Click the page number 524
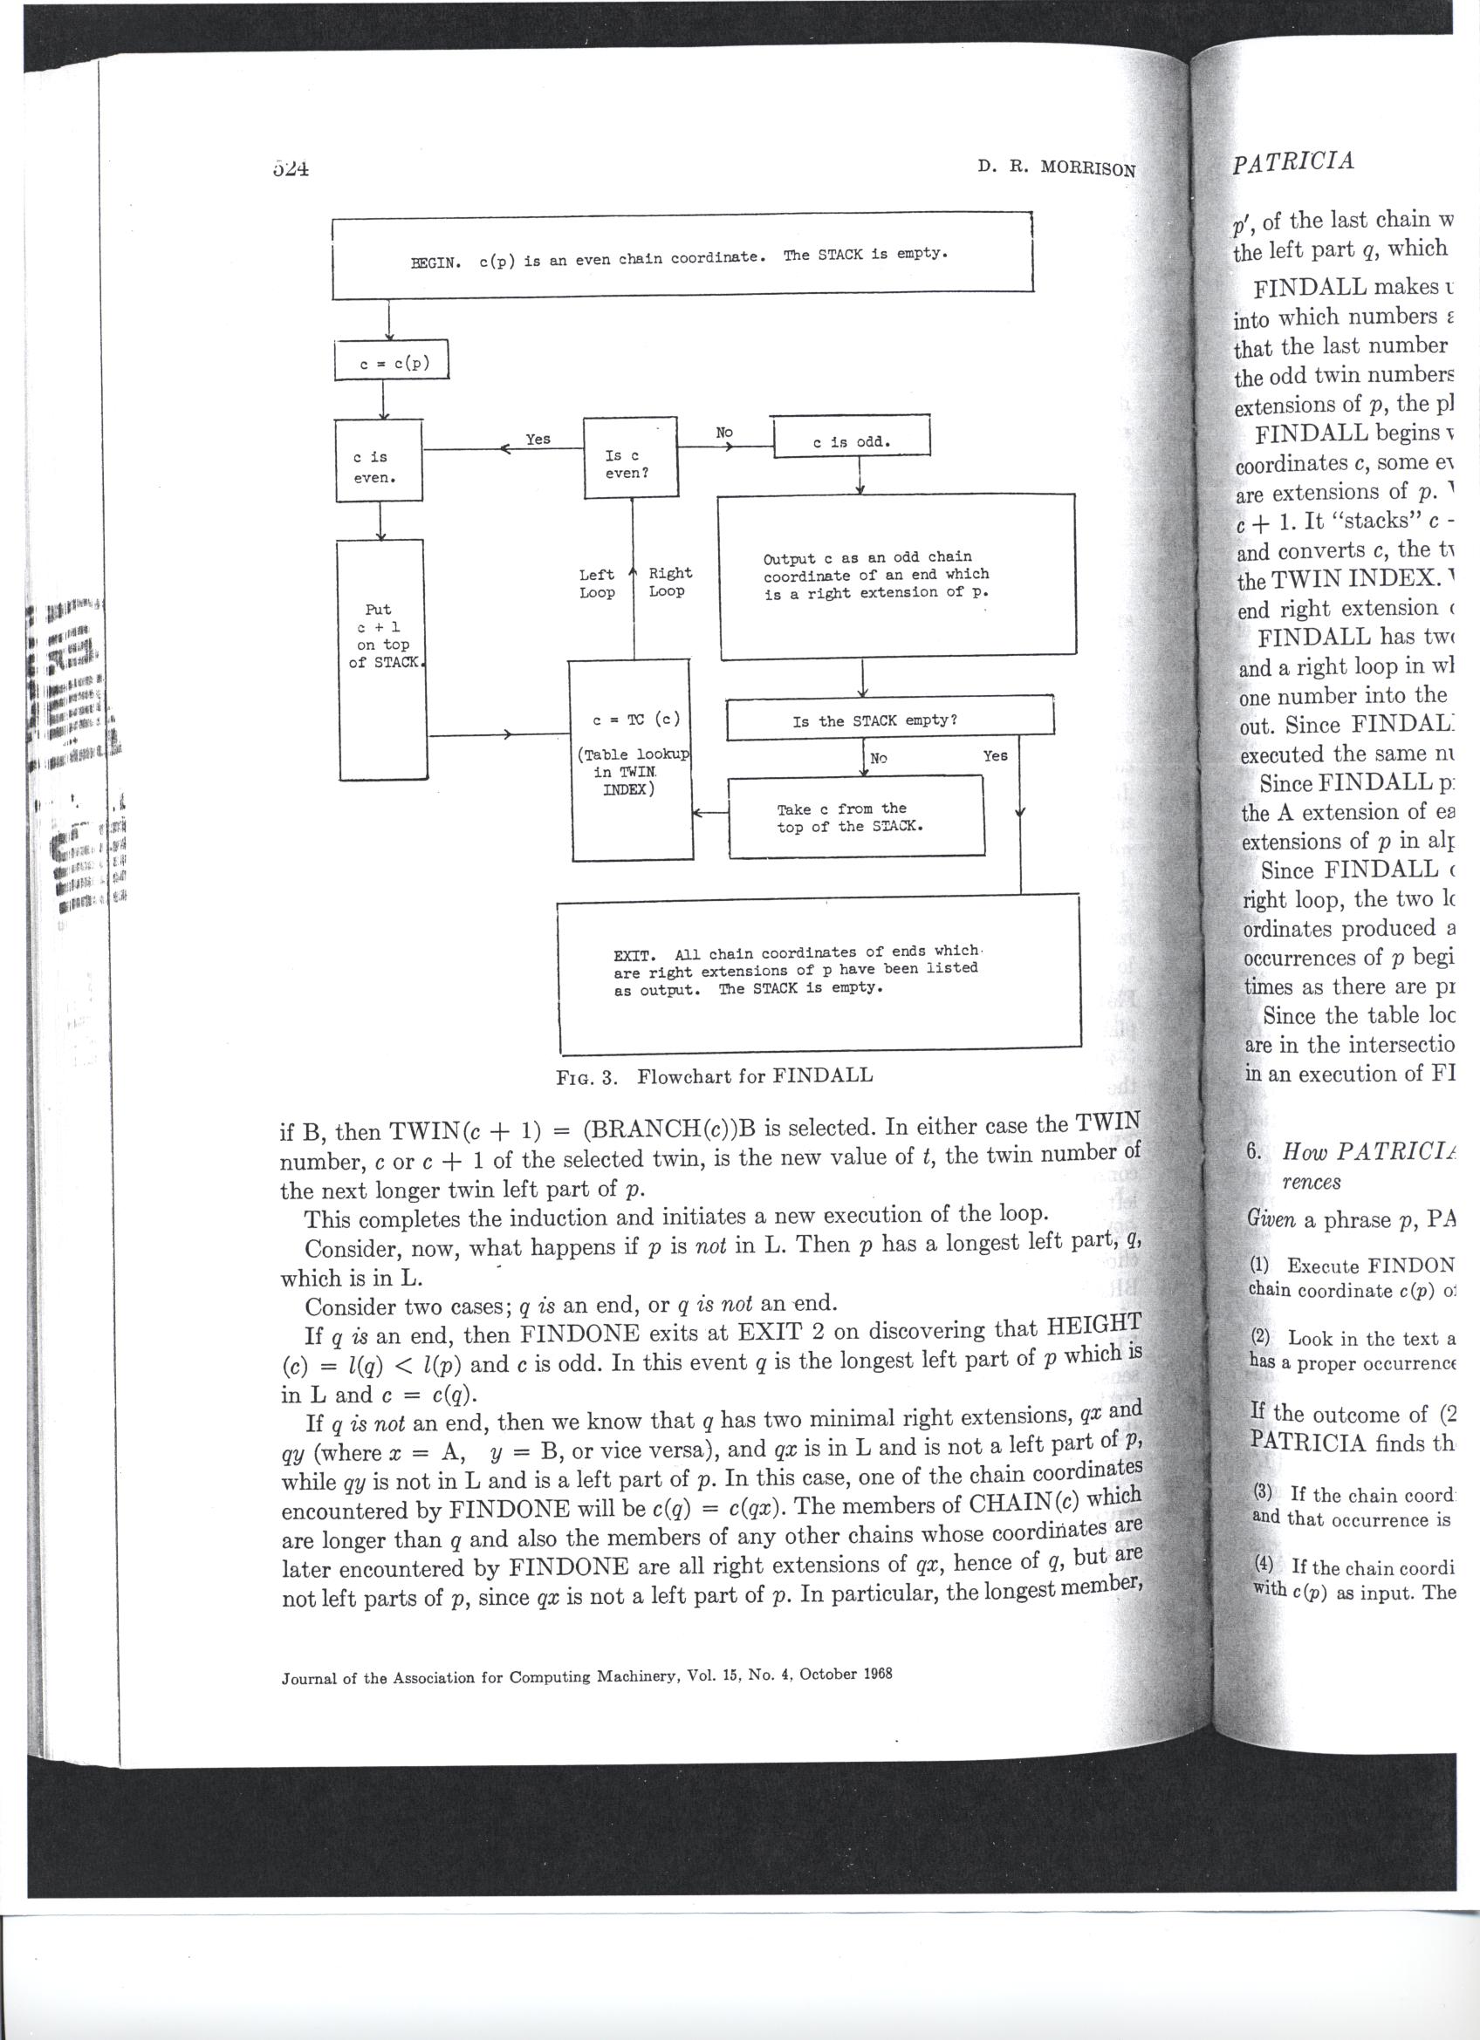click(290, 168)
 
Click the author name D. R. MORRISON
click(1056, 168)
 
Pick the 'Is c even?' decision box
click(629, 458)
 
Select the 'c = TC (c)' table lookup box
click(632, 758)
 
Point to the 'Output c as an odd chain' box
click(895, 576)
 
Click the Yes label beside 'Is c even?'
click(538, 439)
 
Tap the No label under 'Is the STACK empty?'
click(878, 758)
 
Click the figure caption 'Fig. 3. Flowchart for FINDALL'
click(715, 1075)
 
